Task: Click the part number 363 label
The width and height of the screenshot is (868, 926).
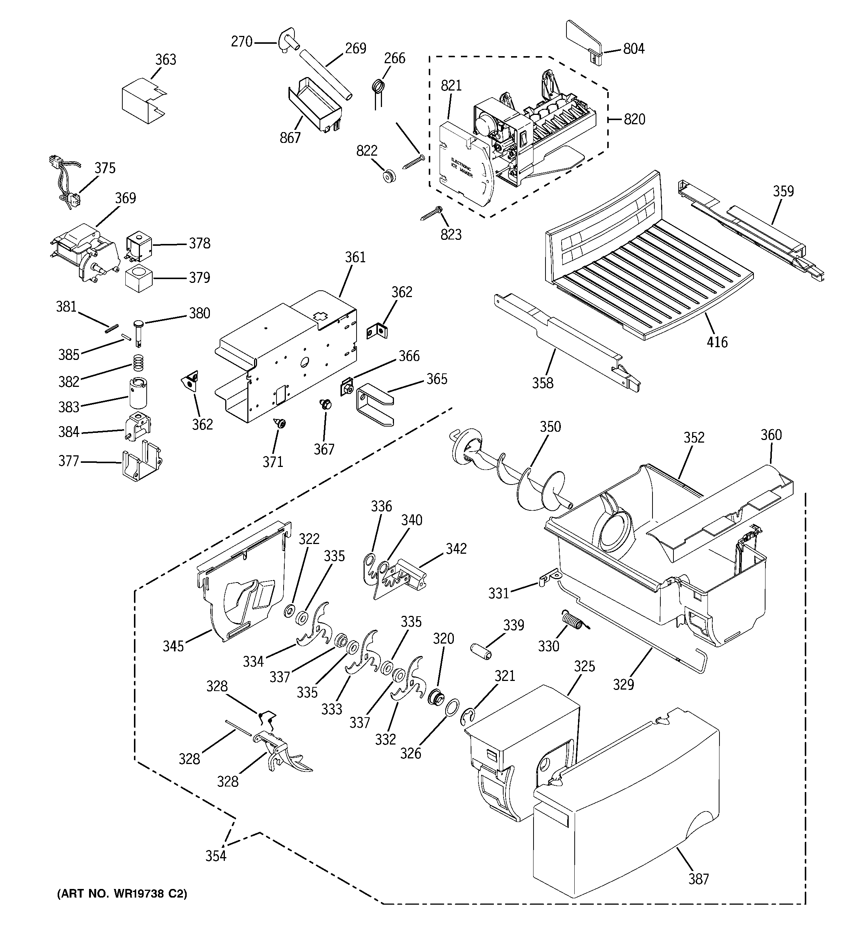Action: click(165, 59)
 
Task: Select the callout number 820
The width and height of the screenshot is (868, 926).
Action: click(634, 119)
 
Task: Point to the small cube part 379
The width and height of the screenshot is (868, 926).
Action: click(139, 278)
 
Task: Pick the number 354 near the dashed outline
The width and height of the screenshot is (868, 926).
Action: click(216, 856)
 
